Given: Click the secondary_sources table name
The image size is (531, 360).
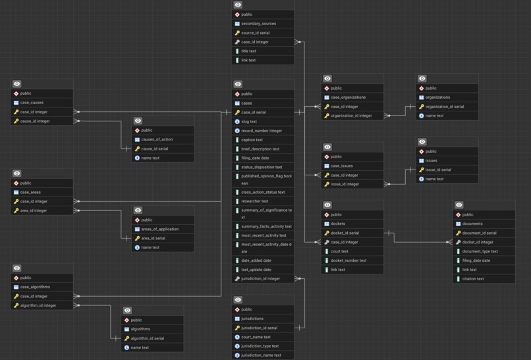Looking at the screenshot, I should point(258,24).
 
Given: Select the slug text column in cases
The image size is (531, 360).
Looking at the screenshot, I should point(249,121).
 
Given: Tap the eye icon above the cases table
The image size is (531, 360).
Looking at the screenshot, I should point(238,84).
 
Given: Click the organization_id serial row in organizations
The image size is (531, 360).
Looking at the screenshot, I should point(444,106).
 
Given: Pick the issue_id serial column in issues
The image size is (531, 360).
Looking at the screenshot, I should point(438,169).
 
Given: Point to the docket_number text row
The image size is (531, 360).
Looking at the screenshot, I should point(349,260).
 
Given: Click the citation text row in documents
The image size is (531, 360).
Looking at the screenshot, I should point(473,279).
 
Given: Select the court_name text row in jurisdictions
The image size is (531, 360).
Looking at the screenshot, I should point(256,337).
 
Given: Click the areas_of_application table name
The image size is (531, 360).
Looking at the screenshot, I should point(159,229).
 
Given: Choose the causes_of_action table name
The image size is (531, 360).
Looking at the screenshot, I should point(157,140).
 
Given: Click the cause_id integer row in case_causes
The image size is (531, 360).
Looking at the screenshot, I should point(35,121).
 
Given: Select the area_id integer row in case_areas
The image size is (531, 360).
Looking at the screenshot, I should point(34,210).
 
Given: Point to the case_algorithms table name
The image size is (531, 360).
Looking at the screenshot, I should point(35,287).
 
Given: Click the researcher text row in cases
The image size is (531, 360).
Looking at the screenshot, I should point(254,201).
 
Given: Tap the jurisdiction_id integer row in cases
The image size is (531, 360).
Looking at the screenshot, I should point(260,279).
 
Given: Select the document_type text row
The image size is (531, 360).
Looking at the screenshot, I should point(480,251).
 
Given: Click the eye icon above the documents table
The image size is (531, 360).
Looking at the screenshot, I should point(459,205).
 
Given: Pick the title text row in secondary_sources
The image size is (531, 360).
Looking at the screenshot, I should point(248,51).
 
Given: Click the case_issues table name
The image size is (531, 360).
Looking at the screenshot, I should point(341,166).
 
